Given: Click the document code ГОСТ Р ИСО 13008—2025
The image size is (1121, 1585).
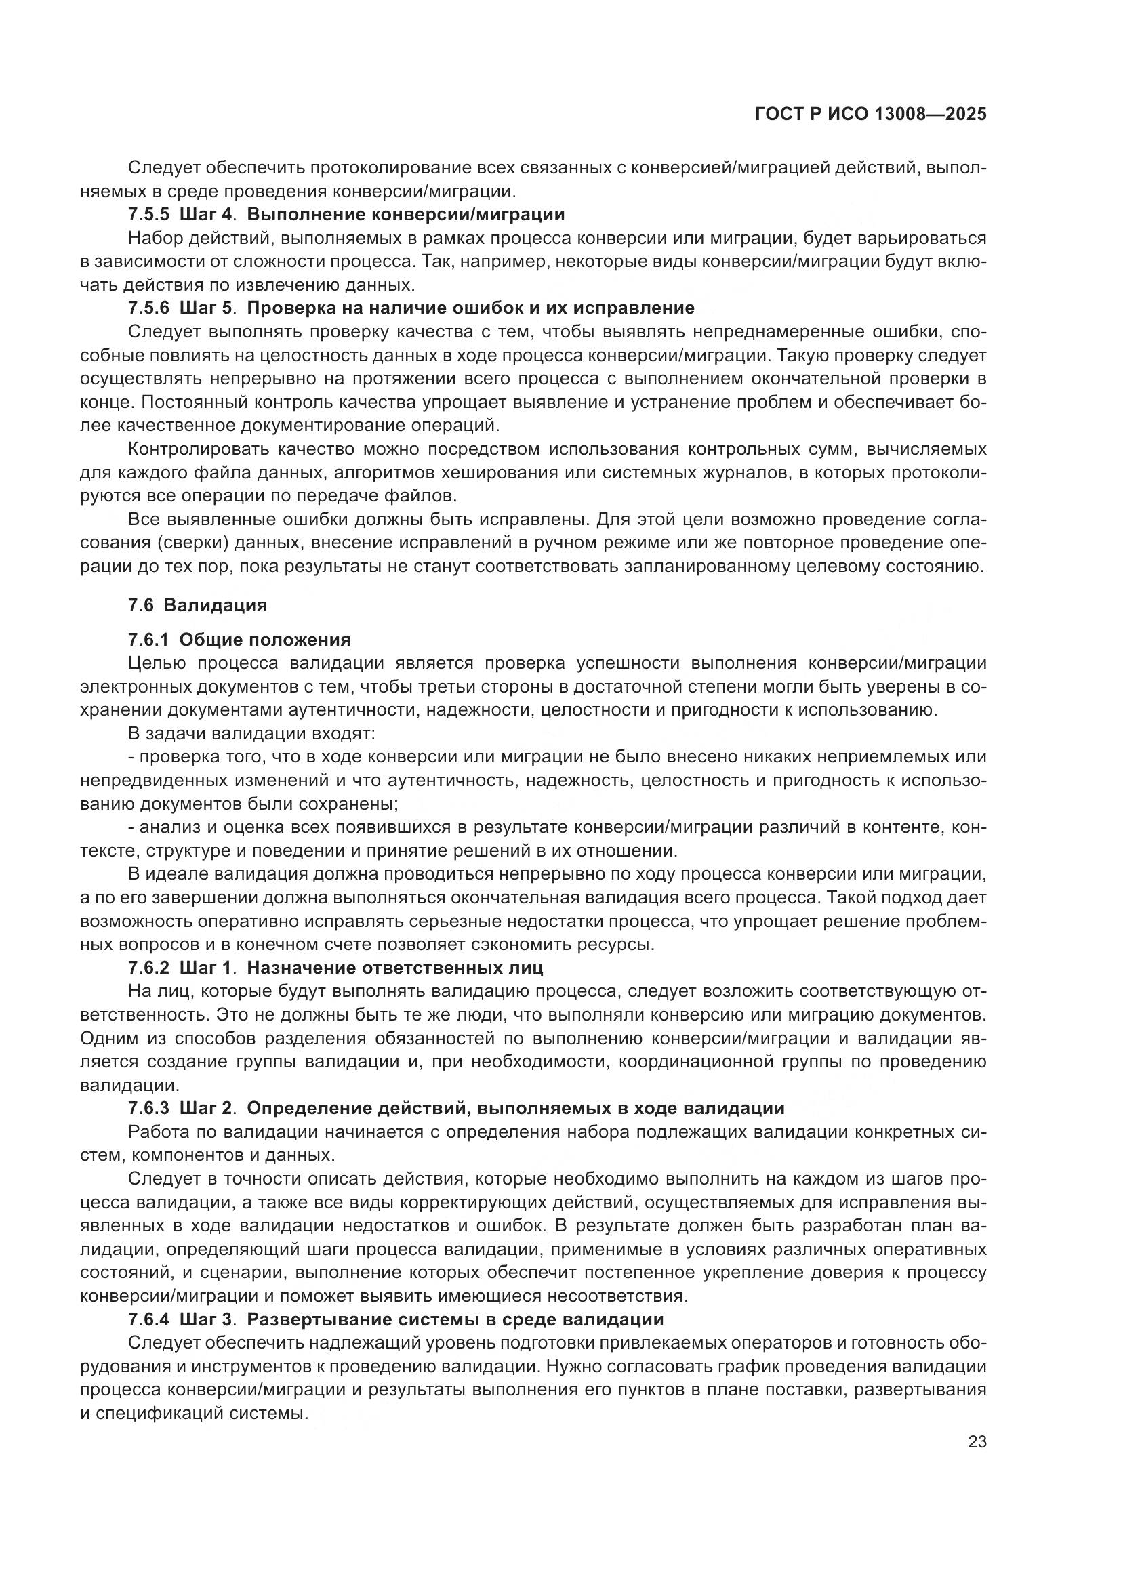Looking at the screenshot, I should [x=870, y=115].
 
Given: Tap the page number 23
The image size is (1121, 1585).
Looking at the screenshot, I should [x=977, y=1441].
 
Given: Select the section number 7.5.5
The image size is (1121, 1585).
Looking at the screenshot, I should [x=148, y=215].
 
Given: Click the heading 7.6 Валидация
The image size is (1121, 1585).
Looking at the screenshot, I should [x=197, y=605].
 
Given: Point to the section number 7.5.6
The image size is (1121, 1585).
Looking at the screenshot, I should [x=148, y=308].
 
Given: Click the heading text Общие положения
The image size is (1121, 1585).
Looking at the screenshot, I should [x=265, y=640].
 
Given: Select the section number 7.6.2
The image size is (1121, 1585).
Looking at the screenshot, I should [x=148, y=968].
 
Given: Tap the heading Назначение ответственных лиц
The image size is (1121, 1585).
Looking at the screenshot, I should [x=395, y=968].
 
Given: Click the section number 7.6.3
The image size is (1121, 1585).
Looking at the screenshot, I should [x=148, y=1108].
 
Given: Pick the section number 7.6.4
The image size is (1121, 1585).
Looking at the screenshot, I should [x=148, y=1319].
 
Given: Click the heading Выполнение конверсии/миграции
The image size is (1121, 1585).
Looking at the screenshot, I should [x=406, y=215].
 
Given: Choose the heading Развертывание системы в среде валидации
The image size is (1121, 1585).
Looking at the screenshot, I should [x=455, y=1319].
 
